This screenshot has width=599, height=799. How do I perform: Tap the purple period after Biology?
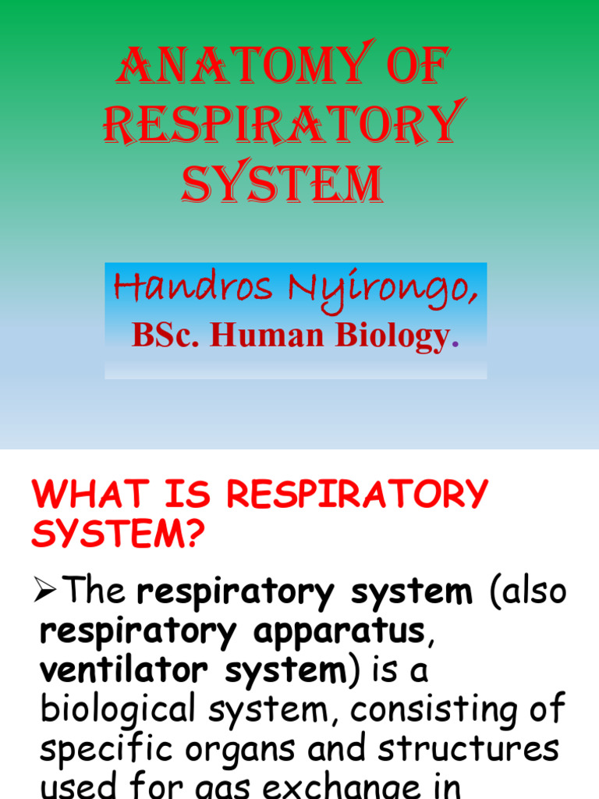(455, 343)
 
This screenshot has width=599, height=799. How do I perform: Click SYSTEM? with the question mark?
(118, 535)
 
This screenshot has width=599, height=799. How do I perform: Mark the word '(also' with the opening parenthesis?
(528, 592)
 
